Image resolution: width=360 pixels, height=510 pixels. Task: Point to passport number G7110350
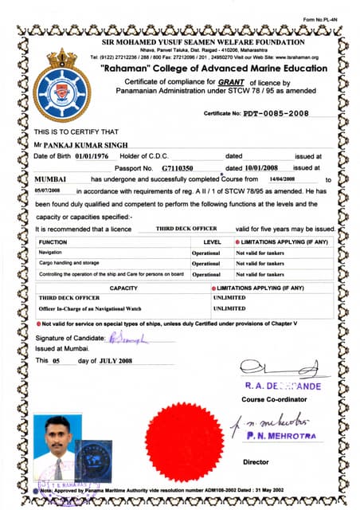[x=178, y=169]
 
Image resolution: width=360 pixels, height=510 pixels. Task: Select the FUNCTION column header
[x=53, y=241]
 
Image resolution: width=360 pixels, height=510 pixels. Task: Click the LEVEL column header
[x=212, y=241]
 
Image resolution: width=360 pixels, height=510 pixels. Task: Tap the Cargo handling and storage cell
[x=68, y=262]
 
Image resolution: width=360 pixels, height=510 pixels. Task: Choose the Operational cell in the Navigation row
[x=206, y=252]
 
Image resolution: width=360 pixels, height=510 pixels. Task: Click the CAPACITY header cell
[x=123, y=288]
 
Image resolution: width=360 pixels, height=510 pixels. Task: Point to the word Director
[x=256, y=461]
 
